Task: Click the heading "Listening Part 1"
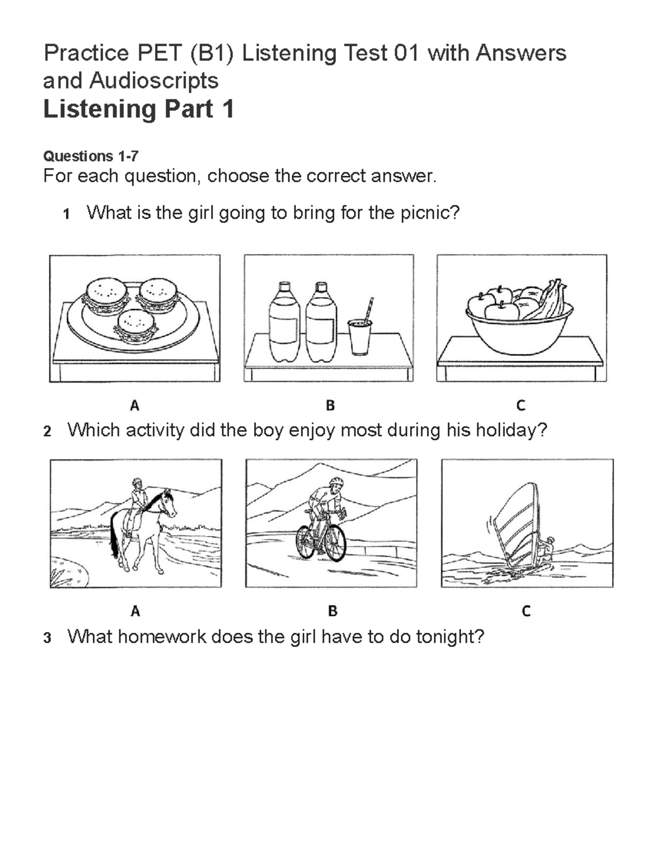[138, 109]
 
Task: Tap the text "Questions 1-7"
[90, 157]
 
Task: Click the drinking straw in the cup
[369, 310]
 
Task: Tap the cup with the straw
[360, 337]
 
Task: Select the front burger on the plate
[136, 326]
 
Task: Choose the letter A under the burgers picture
[134, 405]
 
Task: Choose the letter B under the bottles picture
[330, 405]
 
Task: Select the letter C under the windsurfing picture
[526, 611]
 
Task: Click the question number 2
[47, 431]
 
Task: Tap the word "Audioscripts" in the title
[154, 81]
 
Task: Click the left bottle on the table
[282, 324]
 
